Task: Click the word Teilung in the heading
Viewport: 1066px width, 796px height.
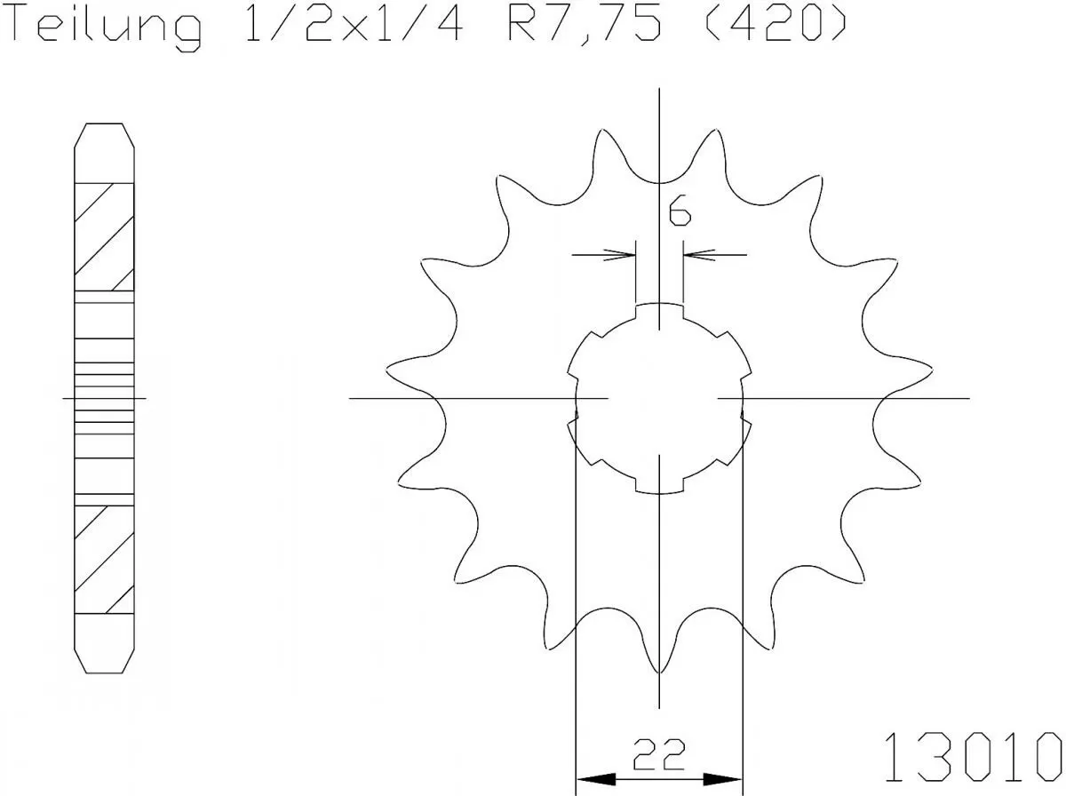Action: pos(105,26)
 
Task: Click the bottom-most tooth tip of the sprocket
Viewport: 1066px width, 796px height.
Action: pos(659,671)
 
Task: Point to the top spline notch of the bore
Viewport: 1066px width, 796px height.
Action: pos(659,309)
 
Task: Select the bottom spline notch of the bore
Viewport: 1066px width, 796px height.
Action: pos(659,486)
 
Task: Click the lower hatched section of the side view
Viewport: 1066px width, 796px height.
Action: pos(105,560)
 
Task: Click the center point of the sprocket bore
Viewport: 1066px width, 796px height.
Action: pos(659,398)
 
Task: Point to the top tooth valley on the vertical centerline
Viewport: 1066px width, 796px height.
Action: pos(659,182)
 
